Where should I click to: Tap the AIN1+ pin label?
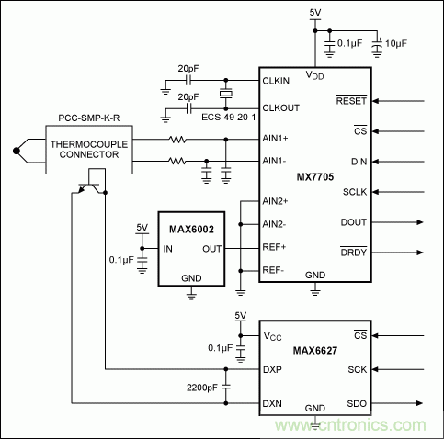tap(275, 138)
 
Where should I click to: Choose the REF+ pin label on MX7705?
tap(275, 247)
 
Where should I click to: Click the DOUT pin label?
tap(352, 222)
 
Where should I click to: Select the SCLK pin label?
tap(352, 192)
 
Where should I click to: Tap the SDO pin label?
tap(357, 402)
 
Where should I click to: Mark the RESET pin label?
tap(350, 102)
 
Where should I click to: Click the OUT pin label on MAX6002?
tap(212, 247)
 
